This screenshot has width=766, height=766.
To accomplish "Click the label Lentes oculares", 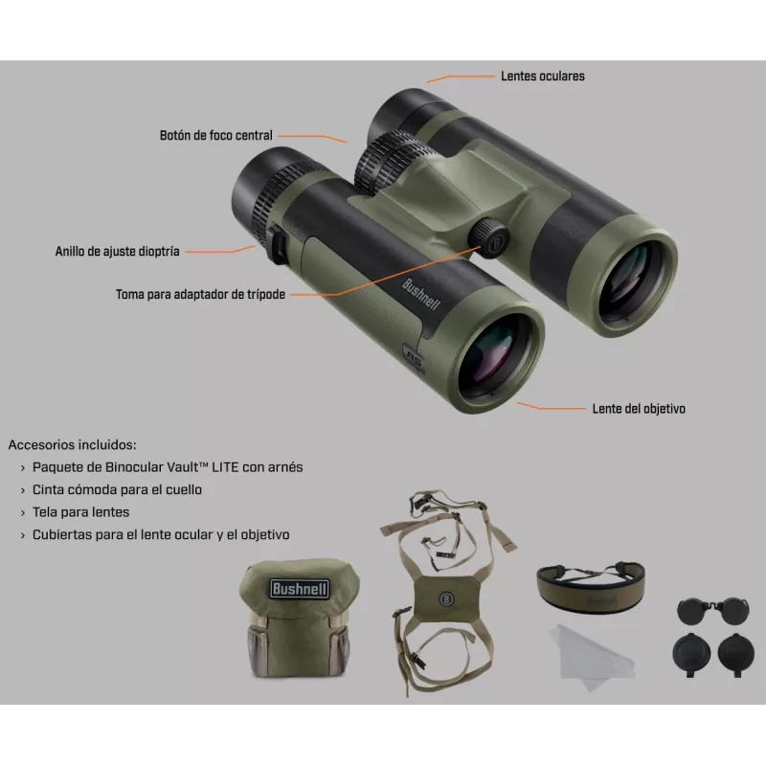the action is [543, 77].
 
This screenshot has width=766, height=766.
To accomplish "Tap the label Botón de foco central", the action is [216, 135].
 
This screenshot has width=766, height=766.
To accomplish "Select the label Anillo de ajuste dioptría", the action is [117, 251].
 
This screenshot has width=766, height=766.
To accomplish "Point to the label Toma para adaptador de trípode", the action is [200, 294].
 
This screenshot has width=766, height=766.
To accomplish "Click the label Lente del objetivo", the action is [639, 409].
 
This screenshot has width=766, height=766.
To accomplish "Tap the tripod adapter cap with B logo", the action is [489, 237].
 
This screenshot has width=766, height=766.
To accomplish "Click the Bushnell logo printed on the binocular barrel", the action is [420, 294].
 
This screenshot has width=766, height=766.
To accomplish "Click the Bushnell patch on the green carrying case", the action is [300, 589].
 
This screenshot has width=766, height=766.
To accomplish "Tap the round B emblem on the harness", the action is [446, 599].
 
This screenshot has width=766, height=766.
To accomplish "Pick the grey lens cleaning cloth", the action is [592, 656].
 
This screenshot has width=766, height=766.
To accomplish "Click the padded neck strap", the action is [591, 588].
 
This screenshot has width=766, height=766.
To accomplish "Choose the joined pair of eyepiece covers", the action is [713, 611].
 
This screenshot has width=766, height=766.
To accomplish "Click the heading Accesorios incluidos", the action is [73, 444].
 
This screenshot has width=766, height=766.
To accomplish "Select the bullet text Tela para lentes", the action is [81, 512].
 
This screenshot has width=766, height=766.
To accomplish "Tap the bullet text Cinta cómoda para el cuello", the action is [117, 489].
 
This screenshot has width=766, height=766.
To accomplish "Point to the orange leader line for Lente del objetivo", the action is [552, 407].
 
